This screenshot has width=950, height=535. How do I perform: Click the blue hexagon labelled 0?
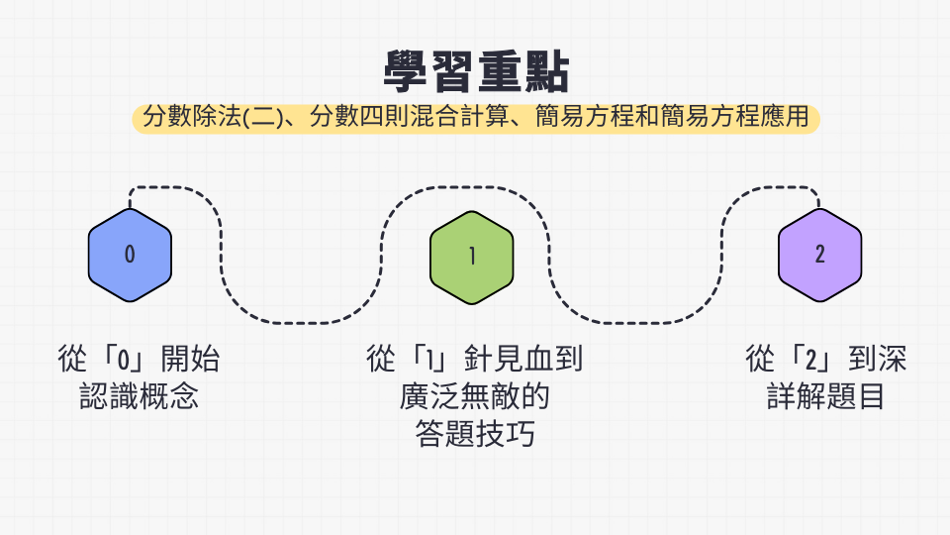click(x=130, y=255)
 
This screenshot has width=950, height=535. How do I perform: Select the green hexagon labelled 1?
click(x=472, y=258)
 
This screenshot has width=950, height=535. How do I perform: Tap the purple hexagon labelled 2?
click(x=819, y=255)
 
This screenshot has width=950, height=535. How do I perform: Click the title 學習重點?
click(x=476, y=71)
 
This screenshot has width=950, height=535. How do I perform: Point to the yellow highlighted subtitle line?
click(x=476, y=117)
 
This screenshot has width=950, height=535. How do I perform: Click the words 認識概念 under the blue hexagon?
click(x=139, y=396)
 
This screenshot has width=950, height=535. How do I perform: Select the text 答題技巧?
click(x=475, y=434)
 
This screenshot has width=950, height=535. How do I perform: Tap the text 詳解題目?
click(x=825, y=396)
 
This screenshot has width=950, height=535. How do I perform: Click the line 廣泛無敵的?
click(x=474, y=396)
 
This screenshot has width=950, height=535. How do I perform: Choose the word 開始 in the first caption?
click(x=190, y=359)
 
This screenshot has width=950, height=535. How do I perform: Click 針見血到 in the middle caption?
click(x=523, y=359)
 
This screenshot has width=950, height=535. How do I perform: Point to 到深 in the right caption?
click(x=878, y=359)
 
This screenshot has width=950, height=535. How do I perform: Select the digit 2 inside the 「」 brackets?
click(x=811, y=360)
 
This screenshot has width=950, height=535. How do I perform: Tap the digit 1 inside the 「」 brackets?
click(x=429, y=360)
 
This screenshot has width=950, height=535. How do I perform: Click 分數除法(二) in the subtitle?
click(x=214, y=117)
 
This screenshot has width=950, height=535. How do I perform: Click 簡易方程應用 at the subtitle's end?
click(x=734, y=117)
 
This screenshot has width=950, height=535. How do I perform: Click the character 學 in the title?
click(x=406, y=71)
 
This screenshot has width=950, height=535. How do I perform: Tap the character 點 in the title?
click(x=547, y=71)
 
